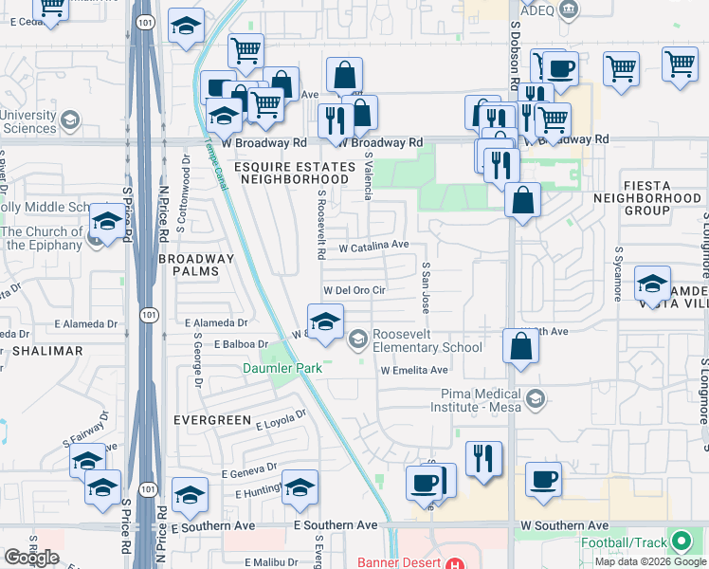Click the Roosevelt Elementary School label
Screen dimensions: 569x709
click(x=427, y=340)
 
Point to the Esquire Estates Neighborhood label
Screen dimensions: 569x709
click(x=291, y=174)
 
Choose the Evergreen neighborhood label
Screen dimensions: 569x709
click(x=211, y=419)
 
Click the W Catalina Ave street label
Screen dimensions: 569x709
click(x=373, y=246)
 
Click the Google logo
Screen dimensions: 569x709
click(x=31, y=558)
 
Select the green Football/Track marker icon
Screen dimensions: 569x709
click(x=681, y=542)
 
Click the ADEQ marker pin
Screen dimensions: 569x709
click(x=568, y=10)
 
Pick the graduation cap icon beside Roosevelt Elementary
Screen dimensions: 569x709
click(x=325, y=323)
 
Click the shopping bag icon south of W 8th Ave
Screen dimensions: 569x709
click(x=520, y=345)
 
